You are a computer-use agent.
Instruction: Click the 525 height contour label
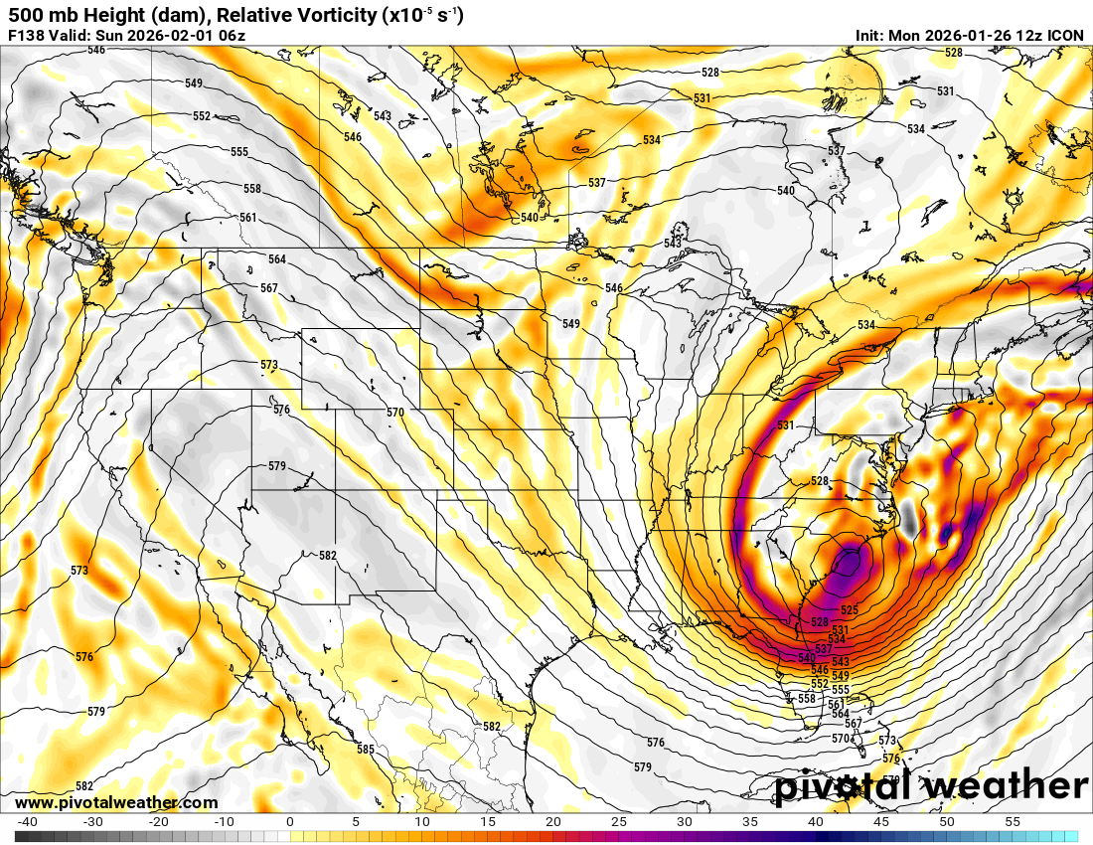click(x=849, y=609)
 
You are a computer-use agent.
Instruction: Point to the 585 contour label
click(x=366, y=750)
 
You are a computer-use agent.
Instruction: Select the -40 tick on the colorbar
click(x=28, y=822)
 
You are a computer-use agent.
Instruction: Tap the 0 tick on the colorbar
click(x=289, y=822)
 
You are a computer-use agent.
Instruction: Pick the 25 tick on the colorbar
click(x=618, y=822)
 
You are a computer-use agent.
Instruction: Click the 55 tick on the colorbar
click(x=1013, y=822)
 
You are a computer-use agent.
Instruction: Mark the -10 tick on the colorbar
click(x=225, y=822)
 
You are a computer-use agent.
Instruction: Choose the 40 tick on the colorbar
click(x=816, y=822)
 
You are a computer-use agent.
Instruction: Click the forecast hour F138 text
click(x=27, y=36)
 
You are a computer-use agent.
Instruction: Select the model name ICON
click(x=1066, y=36)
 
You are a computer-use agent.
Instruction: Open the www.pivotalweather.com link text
click(x=116, y=802)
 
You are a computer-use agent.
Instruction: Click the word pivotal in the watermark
click(x=846, y=785)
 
